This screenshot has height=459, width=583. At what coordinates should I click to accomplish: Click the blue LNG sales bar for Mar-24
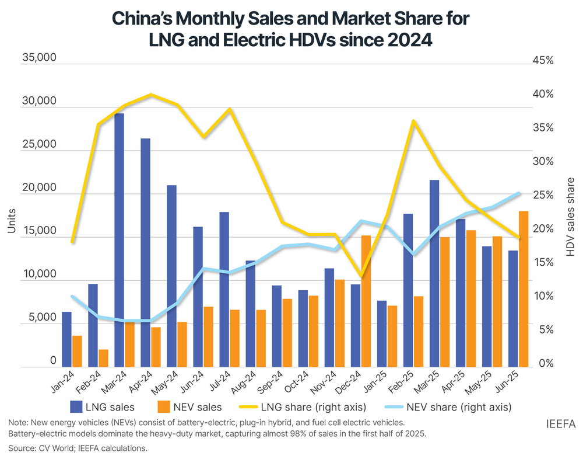pos(119,239)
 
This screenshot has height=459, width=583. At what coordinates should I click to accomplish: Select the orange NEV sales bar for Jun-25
pos(524,288)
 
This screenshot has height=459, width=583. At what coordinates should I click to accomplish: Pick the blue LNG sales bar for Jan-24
pos(67,339)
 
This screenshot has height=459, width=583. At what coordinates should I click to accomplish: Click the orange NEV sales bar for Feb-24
pos(103,358)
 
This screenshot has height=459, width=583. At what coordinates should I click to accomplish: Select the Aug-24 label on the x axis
pos(247,384)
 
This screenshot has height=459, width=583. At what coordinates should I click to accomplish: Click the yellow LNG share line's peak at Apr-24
pos(151,95)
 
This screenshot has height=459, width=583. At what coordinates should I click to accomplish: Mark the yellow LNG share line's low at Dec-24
pos(361,275)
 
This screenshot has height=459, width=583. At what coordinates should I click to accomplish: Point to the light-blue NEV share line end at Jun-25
pos(518,193)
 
